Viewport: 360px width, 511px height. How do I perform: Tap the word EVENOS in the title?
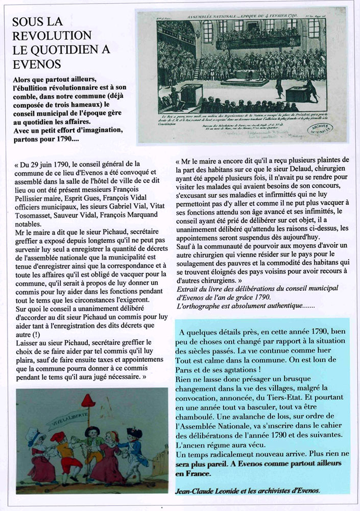pyautogui.click(x=36, y=64)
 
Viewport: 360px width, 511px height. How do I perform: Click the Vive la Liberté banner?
pyautogui.click(x=66, y=421)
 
